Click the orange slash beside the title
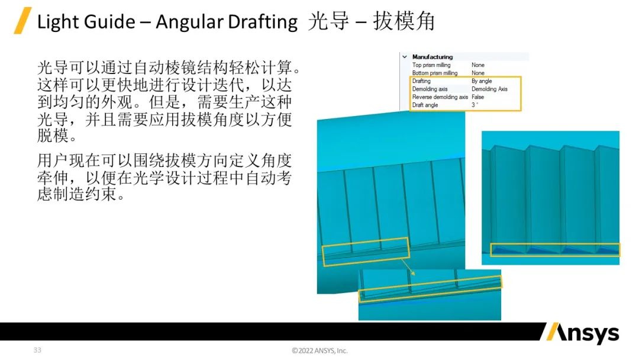[22, 21]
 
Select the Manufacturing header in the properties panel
[432, 57]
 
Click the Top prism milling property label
[431, 65]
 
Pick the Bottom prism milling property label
[434, 73]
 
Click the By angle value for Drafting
[482, 81]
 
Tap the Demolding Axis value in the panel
[489, 89]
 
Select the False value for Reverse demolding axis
[477, 97]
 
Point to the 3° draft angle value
[475, 105]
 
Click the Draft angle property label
[425, 105]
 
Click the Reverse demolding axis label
[440, 97]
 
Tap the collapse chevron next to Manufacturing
[405, 57]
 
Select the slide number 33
[37, 350]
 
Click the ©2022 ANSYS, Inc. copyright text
[319, 351]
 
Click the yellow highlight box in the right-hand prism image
[555, 250]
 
